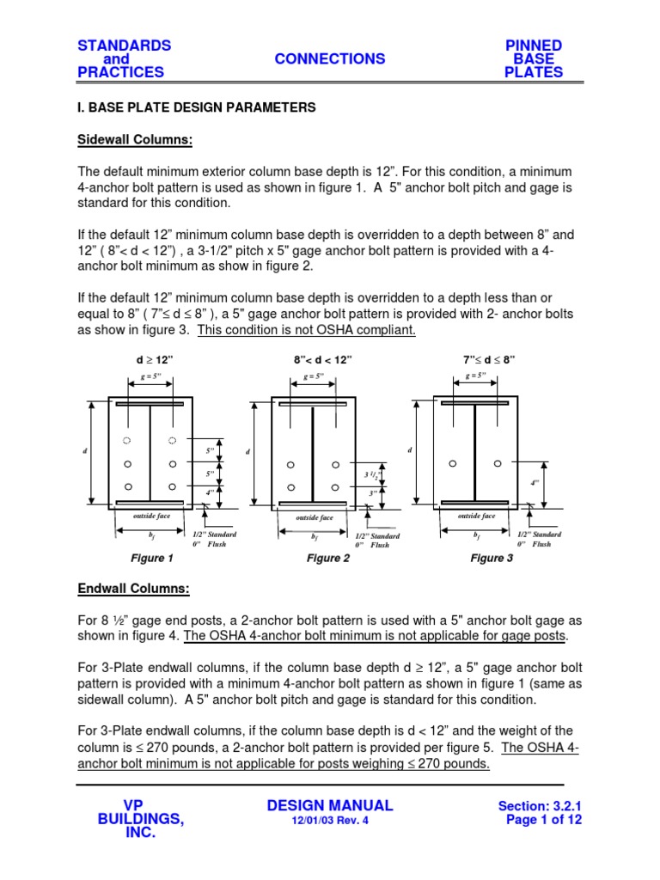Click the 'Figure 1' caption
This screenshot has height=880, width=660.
coord(152,559)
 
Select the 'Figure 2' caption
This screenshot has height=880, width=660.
coord(328,559)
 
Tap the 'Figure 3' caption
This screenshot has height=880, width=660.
coord(492,559)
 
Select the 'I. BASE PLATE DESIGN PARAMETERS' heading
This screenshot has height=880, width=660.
coord(197,107)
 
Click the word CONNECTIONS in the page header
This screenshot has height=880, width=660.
coord(330,58)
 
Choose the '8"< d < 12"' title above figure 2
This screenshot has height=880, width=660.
coord(322,358)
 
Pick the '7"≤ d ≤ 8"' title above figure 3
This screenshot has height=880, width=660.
coord(489,358)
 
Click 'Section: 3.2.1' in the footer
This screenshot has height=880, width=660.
coord(541,806)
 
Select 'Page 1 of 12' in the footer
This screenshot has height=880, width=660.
coord(545,820)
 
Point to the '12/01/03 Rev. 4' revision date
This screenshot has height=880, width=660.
coord(330,822)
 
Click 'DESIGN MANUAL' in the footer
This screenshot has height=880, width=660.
coord(330,805)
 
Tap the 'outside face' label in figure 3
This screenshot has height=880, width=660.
coord(476,516)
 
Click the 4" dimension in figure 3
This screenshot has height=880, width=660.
coord(535,483)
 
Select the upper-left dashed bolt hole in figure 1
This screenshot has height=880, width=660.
coord(127,440)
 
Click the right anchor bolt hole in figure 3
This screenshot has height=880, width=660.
coord(496,463)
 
